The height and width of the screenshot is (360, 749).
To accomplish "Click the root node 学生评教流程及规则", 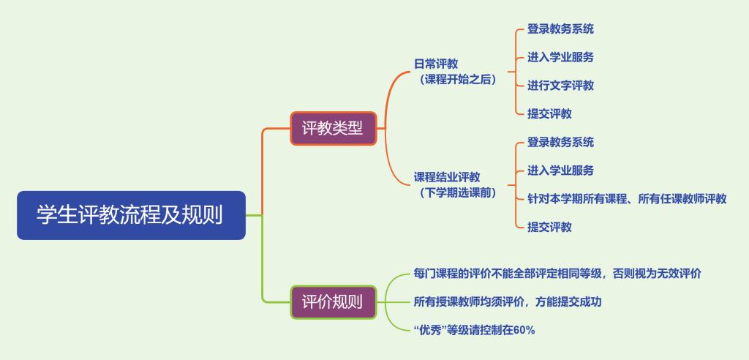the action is [x=132, y=215].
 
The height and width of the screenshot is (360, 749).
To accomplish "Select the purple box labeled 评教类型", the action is [x=334, y=128].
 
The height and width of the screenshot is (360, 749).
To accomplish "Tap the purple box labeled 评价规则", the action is [x=334, y=302].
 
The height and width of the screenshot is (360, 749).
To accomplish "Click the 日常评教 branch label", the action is [x=436, y=64].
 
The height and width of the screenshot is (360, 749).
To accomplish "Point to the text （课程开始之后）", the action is [x=455, y=80].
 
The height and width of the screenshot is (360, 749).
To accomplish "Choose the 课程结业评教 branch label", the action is [x=447, y=177].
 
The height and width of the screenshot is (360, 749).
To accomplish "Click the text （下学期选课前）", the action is [x=455, y=193].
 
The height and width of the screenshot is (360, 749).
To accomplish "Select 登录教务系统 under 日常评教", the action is [x=560, y=29].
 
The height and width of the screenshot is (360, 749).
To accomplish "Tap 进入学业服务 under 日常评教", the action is [x=560, y=57].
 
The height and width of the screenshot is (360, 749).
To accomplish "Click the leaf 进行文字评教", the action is [x=560, y=86].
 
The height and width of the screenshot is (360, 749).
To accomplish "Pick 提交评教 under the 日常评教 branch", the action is [x=549, y=114].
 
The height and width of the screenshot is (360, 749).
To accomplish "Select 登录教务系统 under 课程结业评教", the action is [x=560, y=142].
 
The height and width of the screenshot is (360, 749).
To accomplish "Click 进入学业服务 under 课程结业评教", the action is [x=560, y=170].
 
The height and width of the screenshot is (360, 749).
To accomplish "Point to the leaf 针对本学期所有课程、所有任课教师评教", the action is [x=627, y=198].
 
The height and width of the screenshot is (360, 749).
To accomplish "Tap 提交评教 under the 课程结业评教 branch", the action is [x=549, y=227].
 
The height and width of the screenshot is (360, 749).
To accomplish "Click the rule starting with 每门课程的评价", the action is [x=557, y=274].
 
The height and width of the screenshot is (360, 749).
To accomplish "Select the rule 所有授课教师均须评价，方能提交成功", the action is [x=508, y=302].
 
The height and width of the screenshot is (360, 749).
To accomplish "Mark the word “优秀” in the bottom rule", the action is [x=430, y=330].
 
